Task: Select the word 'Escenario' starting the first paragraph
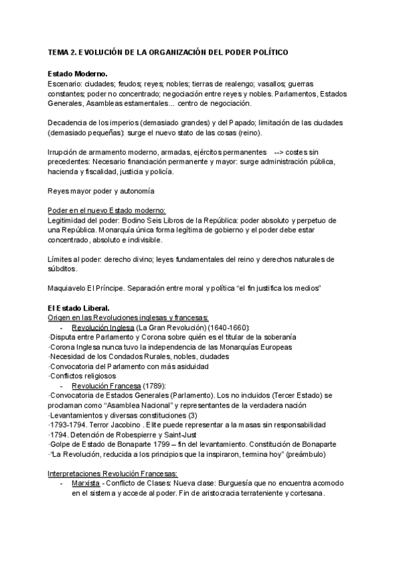pyautogui.click(x=65, y=84)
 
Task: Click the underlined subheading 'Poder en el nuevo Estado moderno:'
pyautogui.click(x=107, y=210)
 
